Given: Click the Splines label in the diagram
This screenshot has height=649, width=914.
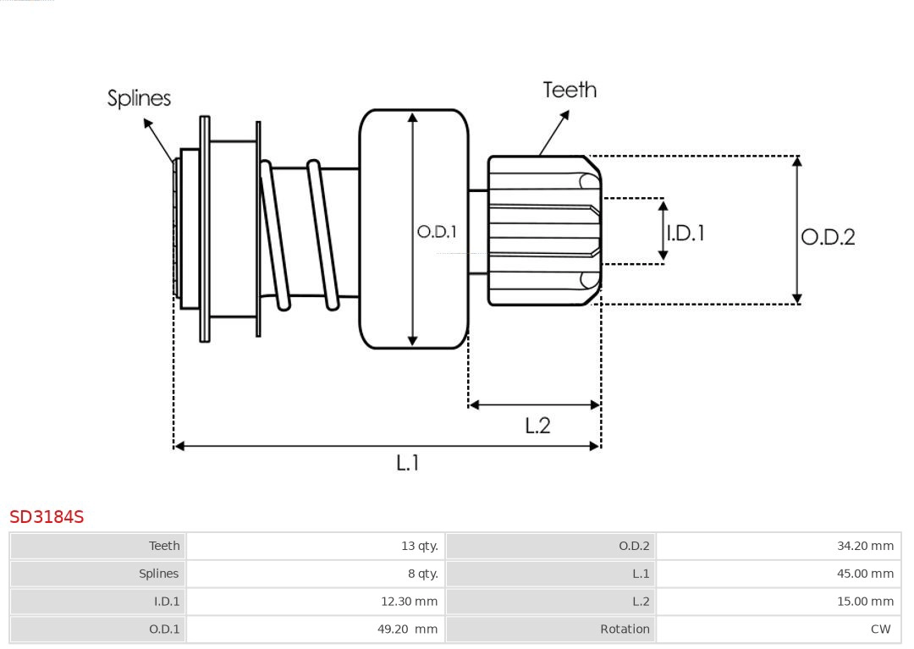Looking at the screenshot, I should point(139,98).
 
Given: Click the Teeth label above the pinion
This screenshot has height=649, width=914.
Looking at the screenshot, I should point(570,90).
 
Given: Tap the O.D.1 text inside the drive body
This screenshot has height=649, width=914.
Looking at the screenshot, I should point(437,231).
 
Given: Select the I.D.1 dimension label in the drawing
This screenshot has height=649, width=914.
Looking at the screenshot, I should point(685,233).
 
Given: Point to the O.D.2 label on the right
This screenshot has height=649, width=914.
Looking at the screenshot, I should point(828,237).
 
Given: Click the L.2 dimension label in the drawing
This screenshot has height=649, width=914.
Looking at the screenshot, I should point(537,425).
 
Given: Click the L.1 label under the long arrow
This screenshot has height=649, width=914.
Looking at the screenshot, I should point(408,463).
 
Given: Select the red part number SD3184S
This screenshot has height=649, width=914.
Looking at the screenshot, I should point(47,516).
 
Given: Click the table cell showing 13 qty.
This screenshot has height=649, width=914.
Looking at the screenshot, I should point(419,546).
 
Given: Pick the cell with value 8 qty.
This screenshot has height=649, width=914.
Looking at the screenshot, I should point(422,574).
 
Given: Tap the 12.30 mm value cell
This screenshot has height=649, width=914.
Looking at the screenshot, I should point(409,602).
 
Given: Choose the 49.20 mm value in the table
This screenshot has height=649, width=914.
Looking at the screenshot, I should point(407,630).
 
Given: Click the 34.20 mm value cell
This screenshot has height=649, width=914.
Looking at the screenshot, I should point(865,546).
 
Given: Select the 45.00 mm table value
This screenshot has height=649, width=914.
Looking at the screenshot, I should point(865,574).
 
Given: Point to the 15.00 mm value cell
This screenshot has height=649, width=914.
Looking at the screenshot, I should point(865,602).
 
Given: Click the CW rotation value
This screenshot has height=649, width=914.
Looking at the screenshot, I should point(880,630).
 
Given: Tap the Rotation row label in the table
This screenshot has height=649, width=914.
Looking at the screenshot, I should point(625,630).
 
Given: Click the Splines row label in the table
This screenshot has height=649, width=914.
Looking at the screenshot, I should point(159,574).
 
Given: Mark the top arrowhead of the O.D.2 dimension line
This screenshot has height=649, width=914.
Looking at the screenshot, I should point(796,161).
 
